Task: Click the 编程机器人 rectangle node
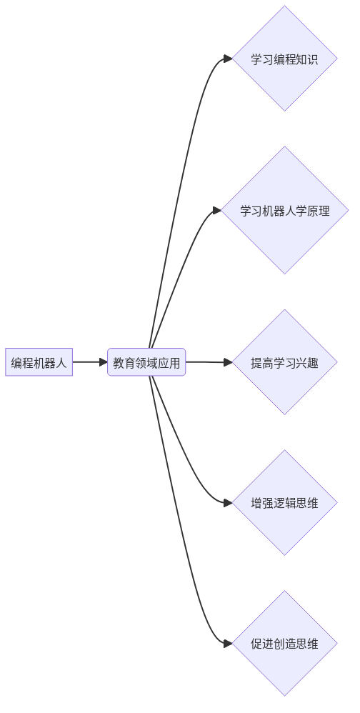(x=39, y=362)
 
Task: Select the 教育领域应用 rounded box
(x=146, y=362)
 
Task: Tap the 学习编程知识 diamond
(x=285, y=58)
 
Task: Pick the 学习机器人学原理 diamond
(x=285, y=210)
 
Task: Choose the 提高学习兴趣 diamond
(x=285, y=362)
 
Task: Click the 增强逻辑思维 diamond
(x=285, y=502)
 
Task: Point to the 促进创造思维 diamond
(x=285, y=643)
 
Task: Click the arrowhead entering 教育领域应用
(x=103, y=362)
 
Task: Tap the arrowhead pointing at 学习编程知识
(x=228, y=58)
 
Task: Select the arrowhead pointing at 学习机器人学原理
(x=217, y=210)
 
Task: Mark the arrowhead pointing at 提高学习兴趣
(x=228, y=362)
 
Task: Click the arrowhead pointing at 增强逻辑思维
(x=228, y=502)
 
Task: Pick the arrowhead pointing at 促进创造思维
(x=228, y=643)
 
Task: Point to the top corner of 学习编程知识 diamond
(x=285, y=6)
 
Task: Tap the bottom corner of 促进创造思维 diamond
(x=285, y=696)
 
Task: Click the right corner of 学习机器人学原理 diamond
(x=349, y=210)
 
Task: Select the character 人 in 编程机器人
(x=61, y=363)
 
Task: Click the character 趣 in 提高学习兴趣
(x=313, y=363)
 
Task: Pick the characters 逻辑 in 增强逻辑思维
(x=285, y=504)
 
